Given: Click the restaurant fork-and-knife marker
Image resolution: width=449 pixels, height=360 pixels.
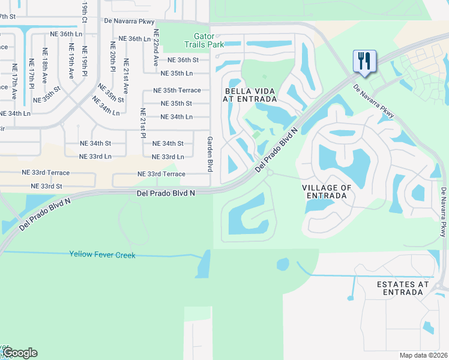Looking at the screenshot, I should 364,62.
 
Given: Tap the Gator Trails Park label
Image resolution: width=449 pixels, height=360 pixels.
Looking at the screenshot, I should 200,40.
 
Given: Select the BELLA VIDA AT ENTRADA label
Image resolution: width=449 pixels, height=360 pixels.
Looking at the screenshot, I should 250,95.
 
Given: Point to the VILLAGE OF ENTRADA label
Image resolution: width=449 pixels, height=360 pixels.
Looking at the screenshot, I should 327,191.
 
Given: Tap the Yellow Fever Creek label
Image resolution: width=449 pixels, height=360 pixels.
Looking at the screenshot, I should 102,255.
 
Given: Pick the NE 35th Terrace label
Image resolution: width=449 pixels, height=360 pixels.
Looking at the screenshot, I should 177,90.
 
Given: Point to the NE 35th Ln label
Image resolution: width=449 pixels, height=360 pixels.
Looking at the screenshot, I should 177,73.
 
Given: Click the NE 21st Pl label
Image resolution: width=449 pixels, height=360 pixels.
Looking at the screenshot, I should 143,124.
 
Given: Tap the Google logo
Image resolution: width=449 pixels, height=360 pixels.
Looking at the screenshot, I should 20,353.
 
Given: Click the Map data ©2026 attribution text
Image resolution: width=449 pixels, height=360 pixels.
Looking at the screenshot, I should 424,355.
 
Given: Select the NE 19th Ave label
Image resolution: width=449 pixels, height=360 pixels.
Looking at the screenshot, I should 71,62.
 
